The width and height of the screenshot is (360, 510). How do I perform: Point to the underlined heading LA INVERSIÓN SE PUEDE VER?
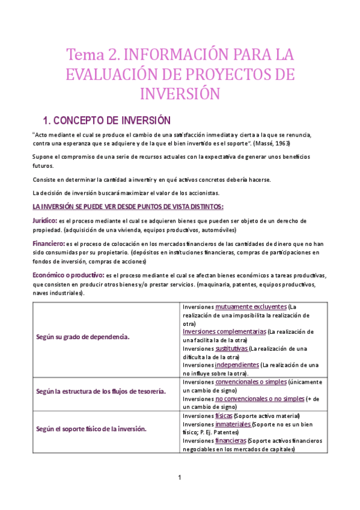(x=127, y=207)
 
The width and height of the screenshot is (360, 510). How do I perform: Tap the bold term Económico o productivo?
(x=68, y=275)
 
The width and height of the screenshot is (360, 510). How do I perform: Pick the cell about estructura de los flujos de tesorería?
(x=101, y=392)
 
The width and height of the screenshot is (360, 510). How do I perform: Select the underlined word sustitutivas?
(x=231, y=348)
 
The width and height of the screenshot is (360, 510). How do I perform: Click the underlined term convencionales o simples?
(x=251, y=382)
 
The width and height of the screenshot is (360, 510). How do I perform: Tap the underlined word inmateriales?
(x=233, y=424)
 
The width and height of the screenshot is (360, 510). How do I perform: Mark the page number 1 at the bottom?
(x=180, y=478)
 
